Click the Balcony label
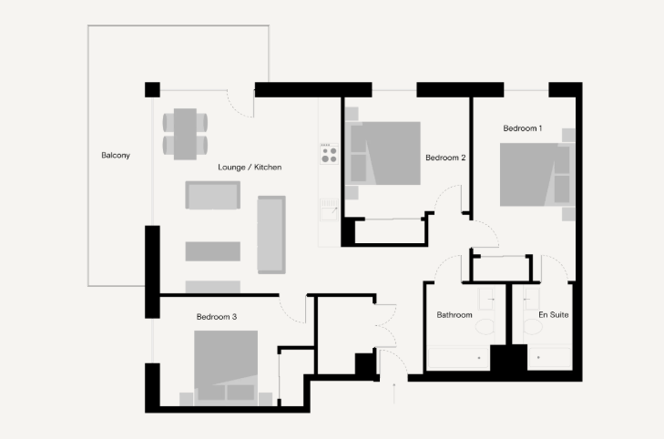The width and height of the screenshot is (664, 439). pos(116,156)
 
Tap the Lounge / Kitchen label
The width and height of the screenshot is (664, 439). pos(250,168)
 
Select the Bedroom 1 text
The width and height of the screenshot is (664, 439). pos(523,128)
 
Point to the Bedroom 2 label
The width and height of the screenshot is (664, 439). pos(445,158)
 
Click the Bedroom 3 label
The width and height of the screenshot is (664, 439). pos(217,317)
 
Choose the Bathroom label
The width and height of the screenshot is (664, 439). pos(455,315)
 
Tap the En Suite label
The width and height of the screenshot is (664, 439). pos(554,314)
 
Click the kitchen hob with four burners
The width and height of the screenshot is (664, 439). pos(329,154)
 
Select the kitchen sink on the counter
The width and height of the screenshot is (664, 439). pos(329,210)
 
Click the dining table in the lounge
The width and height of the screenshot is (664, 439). pos(185,134)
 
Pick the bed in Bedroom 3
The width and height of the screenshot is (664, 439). pos(226,366)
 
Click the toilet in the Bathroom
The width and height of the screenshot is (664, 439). pos(485,327)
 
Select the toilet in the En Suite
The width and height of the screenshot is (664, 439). pos(533,327)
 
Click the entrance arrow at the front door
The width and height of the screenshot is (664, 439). pos(394,393)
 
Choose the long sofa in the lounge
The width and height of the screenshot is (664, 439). pos(271,235)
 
